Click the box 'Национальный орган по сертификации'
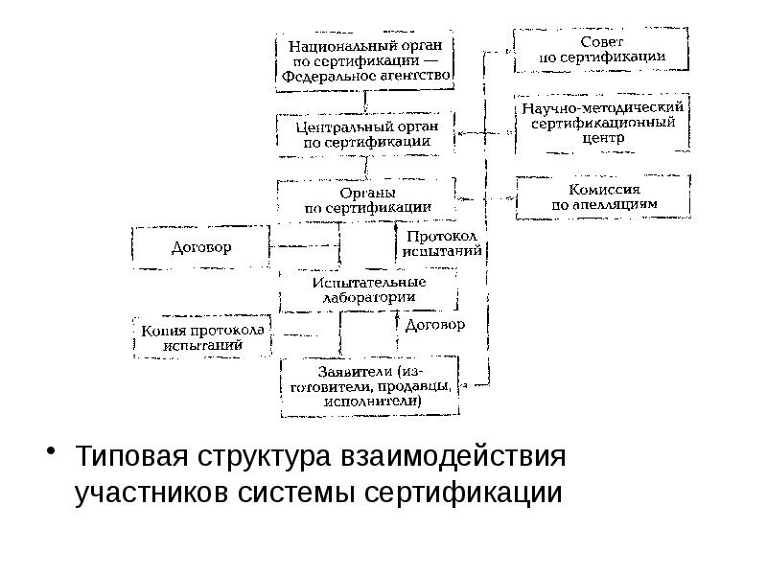365,61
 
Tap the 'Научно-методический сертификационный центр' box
601,123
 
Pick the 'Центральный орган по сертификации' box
365,135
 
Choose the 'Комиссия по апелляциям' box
603,196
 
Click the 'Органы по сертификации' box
365,200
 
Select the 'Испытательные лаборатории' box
367,289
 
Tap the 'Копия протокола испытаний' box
202,337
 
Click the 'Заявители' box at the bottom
368,386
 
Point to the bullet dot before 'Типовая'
56,451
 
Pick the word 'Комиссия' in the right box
604,189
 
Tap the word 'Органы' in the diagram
365,192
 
